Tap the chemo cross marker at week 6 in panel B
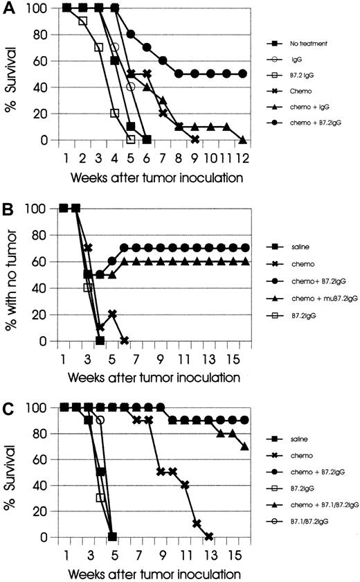pos(125,341)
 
